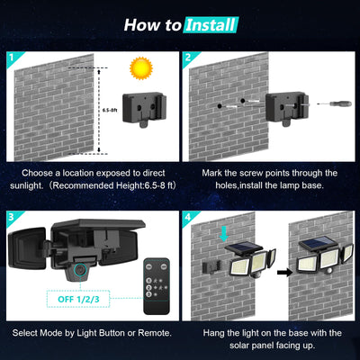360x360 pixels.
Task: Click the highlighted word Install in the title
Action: point(211,24)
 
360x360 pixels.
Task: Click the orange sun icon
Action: point(140,67)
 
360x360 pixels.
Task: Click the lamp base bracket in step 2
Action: point(286,111)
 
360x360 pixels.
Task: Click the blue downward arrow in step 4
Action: point(223,234)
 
